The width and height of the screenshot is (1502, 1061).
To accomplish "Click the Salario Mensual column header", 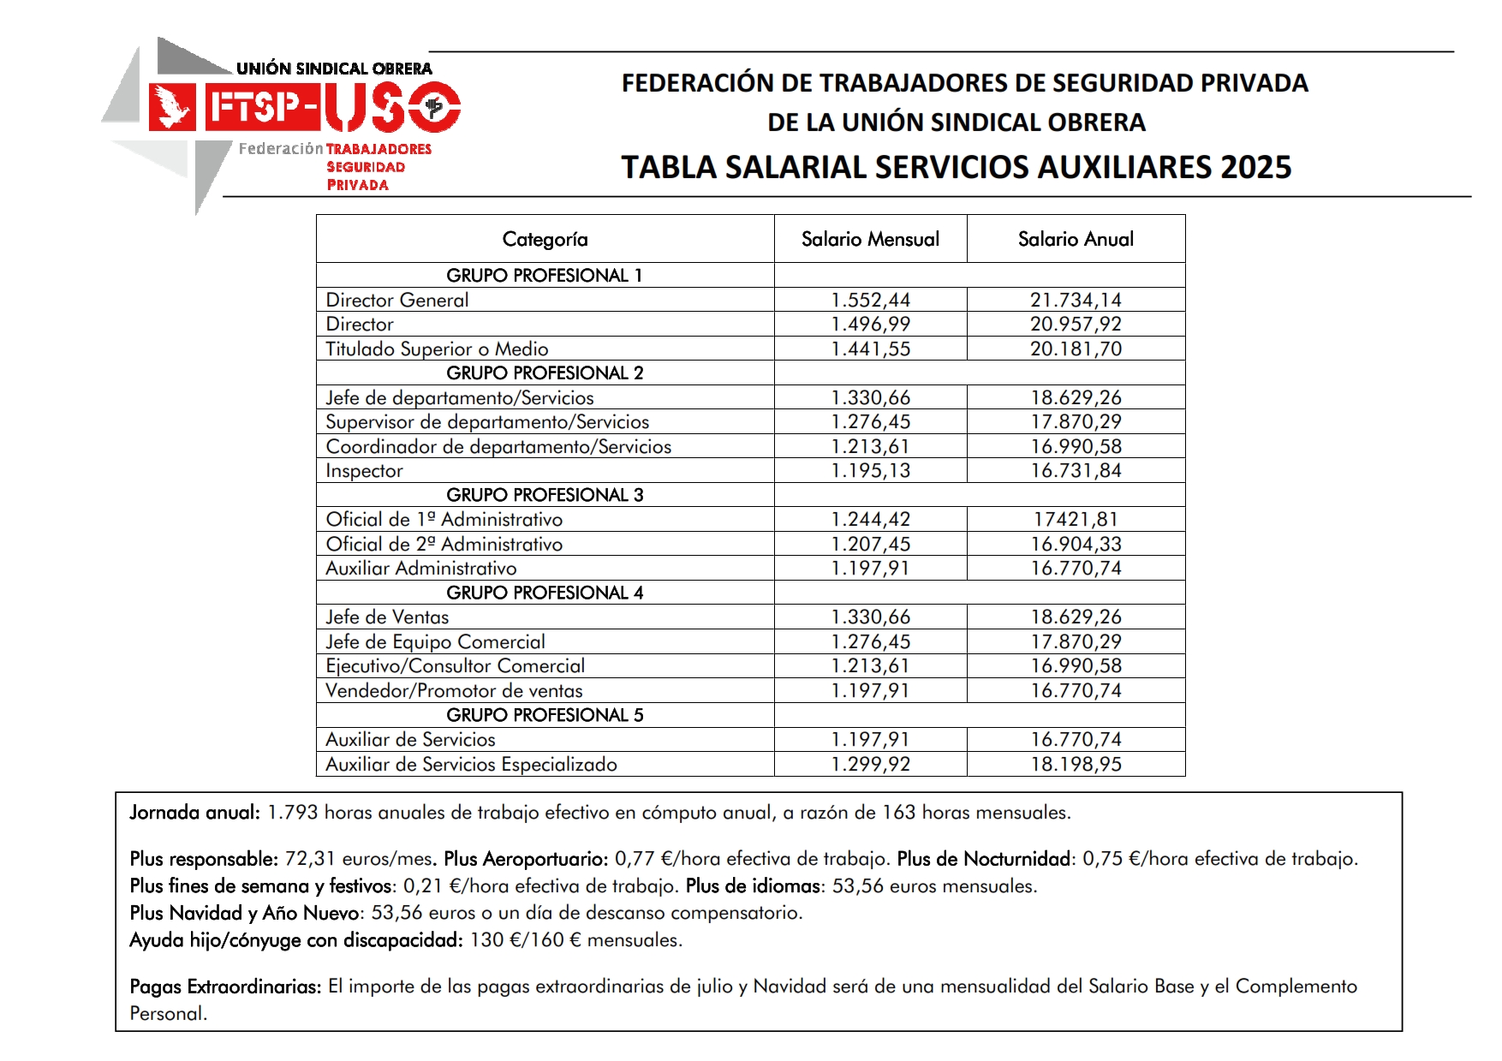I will click(x=870, y=239).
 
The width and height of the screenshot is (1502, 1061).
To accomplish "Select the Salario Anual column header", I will click(x=1076, y=239).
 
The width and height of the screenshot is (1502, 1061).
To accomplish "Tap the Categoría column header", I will click(x=545, y=239).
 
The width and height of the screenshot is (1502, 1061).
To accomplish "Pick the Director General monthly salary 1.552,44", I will click(x=870, y=300).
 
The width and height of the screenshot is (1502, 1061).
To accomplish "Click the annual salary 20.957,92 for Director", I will click(x=1076, y=324).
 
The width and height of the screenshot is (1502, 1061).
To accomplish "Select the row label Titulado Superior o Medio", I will click(x=437, y=349).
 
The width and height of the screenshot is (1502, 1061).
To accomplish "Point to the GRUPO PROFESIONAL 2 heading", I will click(x=545, y=373).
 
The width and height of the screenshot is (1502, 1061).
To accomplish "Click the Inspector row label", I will click(x=364, y=471).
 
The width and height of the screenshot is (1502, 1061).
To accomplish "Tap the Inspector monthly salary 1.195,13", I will click(x=870, y=470).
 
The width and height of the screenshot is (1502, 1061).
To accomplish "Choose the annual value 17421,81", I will click(x=1076, y=519).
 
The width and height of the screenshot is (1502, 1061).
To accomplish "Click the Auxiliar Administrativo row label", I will click(x=421, y=568).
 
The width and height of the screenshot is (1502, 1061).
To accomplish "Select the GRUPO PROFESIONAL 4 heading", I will click(x=545, y=593).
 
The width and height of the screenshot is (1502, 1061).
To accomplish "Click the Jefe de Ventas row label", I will click(x=387, y=617).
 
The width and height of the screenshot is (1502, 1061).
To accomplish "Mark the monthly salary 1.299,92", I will click(x=870, y=764).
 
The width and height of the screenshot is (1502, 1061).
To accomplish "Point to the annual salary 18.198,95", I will click(x=1076, y=764).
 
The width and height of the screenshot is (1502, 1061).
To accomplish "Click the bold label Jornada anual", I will click(x=194, y=813).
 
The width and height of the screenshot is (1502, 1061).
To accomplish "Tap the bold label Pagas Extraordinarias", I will click(x=225, y=986).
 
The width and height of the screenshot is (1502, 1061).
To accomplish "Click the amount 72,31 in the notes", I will click(x=310, y=859).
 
